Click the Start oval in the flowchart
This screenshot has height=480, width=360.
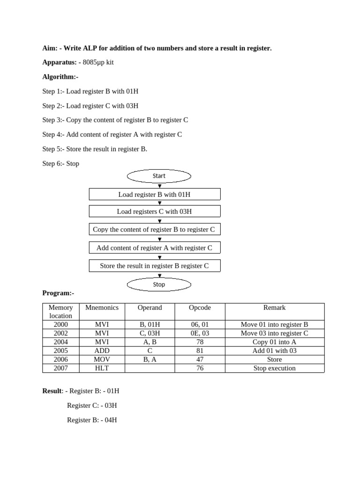[x=159, y=176]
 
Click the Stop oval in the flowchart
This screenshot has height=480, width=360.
[x=159, y=284]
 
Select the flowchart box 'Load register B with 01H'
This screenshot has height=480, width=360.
[x=154, y=194]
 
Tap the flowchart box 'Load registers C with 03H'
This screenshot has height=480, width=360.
[x=154, y=211]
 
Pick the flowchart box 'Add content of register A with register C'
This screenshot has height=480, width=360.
[x=154, y=247]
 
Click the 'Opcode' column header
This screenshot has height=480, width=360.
[x=200, y=308]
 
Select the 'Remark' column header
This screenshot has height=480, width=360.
[x=274, y=308]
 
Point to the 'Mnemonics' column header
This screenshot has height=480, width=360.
[x=102, y=308]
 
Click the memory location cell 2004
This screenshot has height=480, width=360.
[x=60, y=342]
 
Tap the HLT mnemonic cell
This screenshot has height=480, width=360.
[x=102, y=368]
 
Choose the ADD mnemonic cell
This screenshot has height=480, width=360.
[x=102, y=351]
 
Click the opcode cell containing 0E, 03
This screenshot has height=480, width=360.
[x=200, y=333]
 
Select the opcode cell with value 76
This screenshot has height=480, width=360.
[x=200, y=368]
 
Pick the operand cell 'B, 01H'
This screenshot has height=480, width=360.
[x=150, y=324]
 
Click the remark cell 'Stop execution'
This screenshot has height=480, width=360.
[x=274, y=368]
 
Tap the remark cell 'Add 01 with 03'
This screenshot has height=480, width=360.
[x=274, y=351]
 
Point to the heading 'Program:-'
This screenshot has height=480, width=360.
[x=58, y=293]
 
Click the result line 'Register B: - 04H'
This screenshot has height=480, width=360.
[x=92, y=420]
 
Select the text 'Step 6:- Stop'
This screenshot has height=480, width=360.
[x=60, y=164]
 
